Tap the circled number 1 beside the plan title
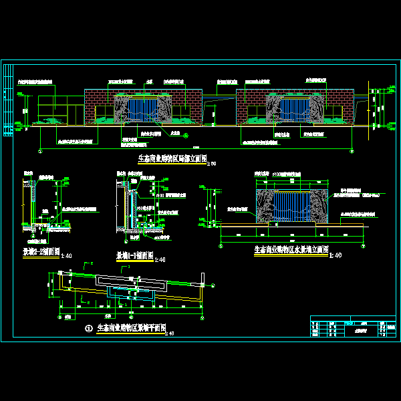click(90, 329)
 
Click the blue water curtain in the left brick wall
click(143, 110)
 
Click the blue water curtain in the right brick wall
click(294, 109)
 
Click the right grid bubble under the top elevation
click(352, 150)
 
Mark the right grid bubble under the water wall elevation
click(364, 241)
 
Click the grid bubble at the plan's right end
click(200, 274)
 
